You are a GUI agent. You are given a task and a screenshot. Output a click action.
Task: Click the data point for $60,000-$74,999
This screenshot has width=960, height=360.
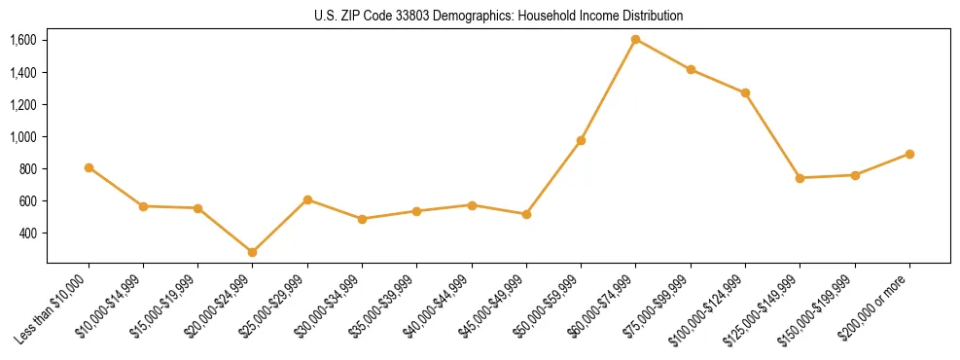635,40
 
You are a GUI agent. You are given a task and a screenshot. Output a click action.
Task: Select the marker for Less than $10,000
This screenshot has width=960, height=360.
89,167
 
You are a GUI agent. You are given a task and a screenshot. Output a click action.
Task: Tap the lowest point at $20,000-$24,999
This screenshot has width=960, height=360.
253,252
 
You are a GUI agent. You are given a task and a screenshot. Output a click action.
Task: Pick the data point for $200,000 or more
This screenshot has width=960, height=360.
909,154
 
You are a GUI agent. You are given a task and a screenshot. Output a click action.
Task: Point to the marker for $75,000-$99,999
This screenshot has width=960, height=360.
691,69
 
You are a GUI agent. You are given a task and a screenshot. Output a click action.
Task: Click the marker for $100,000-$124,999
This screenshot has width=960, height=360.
745,93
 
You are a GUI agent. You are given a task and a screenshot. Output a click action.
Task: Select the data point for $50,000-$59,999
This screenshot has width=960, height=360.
581,140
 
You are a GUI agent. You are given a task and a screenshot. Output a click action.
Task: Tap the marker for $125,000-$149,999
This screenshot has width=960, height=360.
800,178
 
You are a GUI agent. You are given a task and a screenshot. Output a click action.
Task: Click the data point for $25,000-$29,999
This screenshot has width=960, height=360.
307,199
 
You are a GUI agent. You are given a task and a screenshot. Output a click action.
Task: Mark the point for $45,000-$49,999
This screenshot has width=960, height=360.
526,214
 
